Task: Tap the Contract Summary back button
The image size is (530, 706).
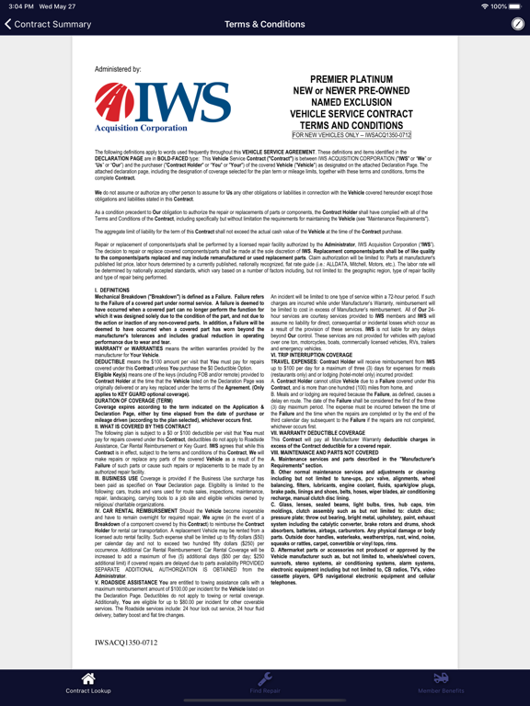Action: pos(48,24)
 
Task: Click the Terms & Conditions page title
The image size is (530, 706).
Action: pos(265,24)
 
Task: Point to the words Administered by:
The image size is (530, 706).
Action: pos(117,69)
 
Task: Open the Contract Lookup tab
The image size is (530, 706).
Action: pos(88,683)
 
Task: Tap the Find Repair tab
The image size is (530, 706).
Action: pos(265,683)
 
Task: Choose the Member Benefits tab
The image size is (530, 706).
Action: pos(441,683)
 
